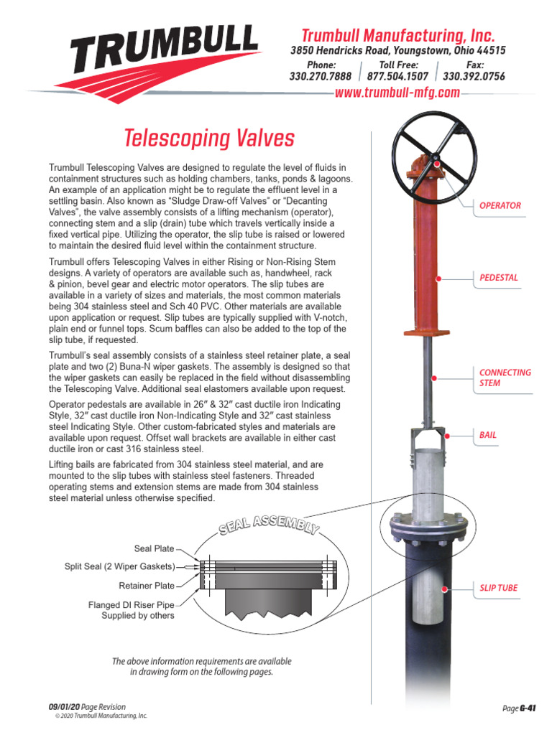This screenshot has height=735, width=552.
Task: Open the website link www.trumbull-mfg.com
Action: (397, 93)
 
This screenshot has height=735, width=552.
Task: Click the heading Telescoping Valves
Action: (209, 137)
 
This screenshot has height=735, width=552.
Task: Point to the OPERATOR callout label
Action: (500, 206)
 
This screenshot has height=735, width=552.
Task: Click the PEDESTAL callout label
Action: (499, 277)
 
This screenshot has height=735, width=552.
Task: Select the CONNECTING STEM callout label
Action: (505, 378)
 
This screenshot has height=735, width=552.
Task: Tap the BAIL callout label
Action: (488, 435)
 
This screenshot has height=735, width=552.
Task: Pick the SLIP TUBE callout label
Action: (499, 588)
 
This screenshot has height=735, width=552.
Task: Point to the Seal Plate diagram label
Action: (154, 548)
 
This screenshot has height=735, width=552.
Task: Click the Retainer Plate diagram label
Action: (147, 586)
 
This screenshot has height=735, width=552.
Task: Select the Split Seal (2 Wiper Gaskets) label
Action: (119, 567)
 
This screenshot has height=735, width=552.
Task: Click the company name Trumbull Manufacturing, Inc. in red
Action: (397, 36)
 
